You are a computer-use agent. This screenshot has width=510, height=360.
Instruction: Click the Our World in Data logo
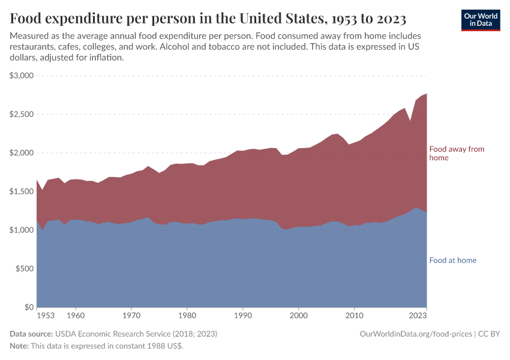(480, 20)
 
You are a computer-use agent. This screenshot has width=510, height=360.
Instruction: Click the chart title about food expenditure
(208, 18)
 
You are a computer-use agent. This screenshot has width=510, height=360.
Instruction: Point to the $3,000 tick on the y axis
(22, 76)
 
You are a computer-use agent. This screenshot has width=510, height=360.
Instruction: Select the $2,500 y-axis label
(22, 114)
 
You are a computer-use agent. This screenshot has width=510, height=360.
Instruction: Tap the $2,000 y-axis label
(22, 153)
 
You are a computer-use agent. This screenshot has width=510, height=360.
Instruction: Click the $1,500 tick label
(22, 191)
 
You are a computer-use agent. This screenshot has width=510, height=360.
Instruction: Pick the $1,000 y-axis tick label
(22, 230)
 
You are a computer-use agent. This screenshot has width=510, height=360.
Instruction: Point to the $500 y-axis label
(24, 269)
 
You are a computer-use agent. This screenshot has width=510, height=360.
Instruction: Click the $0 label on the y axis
(28, 307)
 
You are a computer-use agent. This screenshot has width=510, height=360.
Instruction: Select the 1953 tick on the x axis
(46, 315)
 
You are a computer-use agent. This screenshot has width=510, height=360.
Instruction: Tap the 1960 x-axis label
(75, 315)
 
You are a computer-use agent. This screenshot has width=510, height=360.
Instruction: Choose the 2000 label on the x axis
(298, 315)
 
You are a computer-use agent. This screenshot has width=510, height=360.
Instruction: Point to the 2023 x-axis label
(418, 315)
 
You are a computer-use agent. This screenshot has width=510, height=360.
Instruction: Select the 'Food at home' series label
(452, 260)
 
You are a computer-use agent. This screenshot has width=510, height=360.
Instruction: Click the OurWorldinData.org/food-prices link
(415, 334)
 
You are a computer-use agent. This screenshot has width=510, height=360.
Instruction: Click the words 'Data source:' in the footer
(31, 334)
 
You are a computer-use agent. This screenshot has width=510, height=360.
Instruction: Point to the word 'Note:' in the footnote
(19, 346)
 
